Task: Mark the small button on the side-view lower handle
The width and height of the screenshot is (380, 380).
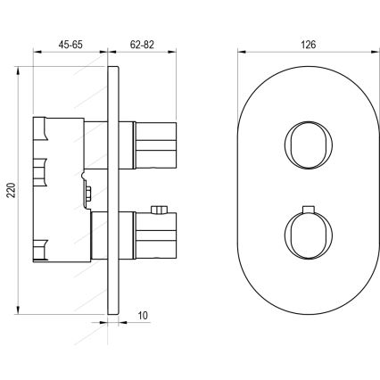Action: [x=160, y=211]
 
